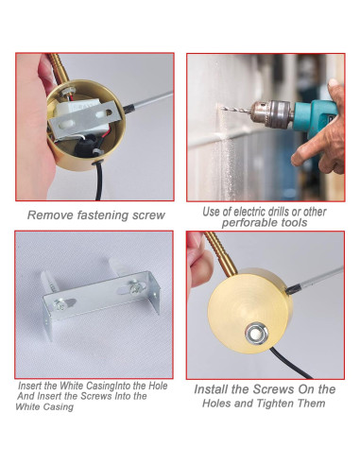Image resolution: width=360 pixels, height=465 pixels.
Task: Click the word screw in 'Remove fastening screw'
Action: [x=146, y=215]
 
